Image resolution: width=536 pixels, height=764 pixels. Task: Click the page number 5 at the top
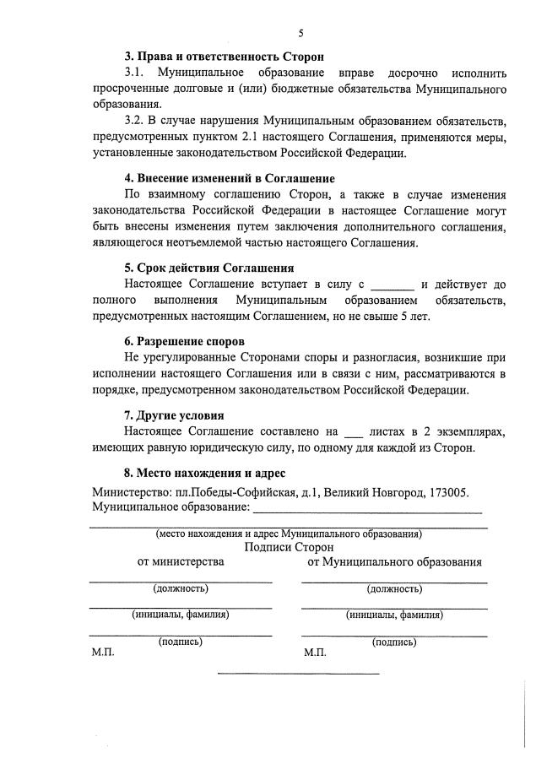pyautogui.click(x=300, y=33)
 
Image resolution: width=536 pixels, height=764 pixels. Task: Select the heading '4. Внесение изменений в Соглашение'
pyautogui.click(x=230, y=178)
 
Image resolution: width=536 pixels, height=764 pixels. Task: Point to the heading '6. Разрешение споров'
pyautogui.click(x=181, y=342)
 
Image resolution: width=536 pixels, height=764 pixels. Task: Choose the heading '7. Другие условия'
pyautogui.click(x=175, y=415)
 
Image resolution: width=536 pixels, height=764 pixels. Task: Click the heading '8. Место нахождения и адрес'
pyautogui.click(x=206, y=472)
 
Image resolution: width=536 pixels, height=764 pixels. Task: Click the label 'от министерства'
pyautogui.click(x=181, y=562)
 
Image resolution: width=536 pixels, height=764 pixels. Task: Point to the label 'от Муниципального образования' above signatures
pyautogui.click(x=395, y=562)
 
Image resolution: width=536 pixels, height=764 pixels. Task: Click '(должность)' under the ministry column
pyautogui.click(x=181, y=588)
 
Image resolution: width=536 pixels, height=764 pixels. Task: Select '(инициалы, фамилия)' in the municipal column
pyautogui.click(x=394, y=615)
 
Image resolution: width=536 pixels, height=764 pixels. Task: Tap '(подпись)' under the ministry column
pyautogui.click(x=181, y=642)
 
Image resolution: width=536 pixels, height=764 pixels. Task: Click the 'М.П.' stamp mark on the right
pyautogui.click(x=315, y=653)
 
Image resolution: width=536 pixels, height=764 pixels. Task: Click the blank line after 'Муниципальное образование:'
pyautogui.click(x=369, y=509)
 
